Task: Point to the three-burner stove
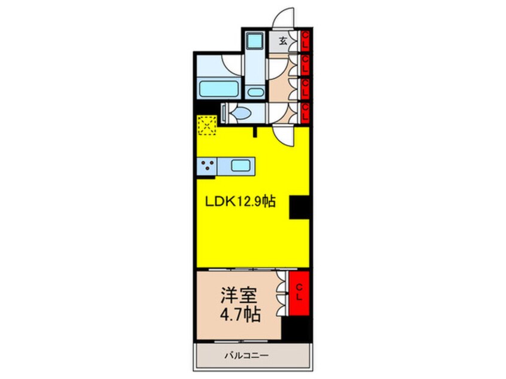[207, 166]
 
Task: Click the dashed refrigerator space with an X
[207, 125]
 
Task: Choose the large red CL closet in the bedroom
[300, 293]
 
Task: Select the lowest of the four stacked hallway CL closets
[305, 111]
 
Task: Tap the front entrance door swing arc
[282, 17]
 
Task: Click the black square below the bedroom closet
[297, 329]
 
